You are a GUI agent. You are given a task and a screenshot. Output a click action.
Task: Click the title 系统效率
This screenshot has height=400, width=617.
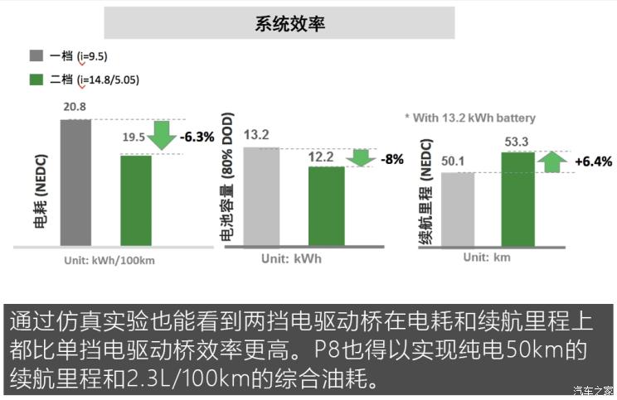[x=290, y=23]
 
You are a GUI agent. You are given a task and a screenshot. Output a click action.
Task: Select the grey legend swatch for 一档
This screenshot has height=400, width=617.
[x=36, y=56]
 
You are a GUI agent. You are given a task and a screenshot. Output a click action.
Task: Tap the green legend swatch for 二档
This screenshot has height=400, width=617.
[x=36, y=80]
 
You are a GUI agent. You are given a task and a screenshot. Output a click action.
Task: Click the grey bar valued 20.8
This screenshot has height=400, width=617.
[x=75, y=182]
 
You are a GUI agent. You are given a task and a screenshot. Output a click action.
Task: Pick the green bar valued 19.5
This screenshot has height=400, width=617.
[x=135, y=200]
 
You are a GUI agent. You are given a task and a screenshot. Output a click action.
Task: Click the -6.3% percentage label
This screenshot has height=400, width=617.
[x=199, y=137]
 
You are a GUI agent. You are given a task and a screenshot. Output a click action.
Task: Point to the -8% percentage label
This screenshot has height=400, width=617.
[x=391, y=159]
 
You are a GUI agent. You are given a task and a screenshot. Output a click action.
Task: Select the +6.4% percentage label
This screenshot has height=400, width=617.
[x=592, y=161]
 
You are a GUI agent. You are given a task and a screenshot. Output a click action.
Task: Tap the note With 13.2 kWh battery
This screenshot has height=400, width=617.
[x=469, y=118]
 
